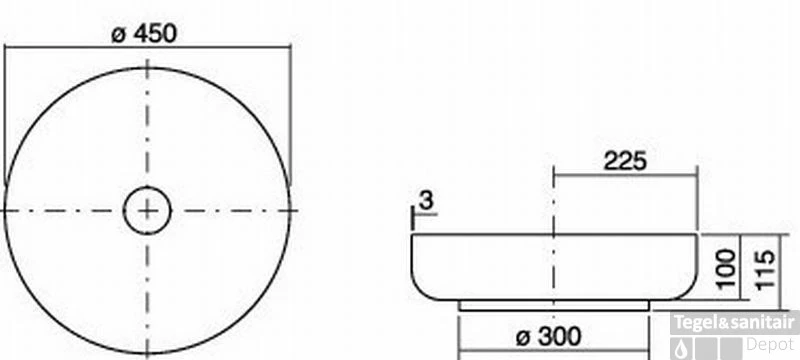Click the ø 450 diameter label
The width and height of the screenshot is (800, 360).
[x=144, y=34]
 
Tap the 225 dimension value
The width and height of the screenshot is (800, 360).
[x=625, y=161]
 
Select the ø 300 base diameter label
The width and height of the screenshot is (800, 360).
[x=548, y=337]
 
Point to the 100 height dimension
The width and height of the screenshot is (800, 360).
[x=727, y=267]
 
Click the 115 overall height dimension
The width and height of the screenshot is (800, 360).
[x=765, y=269]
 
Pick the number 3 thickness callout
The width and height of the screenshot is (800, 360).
[x=426, y=201]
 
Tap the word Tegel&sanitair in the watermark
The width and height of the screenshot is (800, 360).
[x=735, y=323]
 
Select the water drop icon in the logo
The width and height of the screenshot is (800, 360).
[x=681, y=350]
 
